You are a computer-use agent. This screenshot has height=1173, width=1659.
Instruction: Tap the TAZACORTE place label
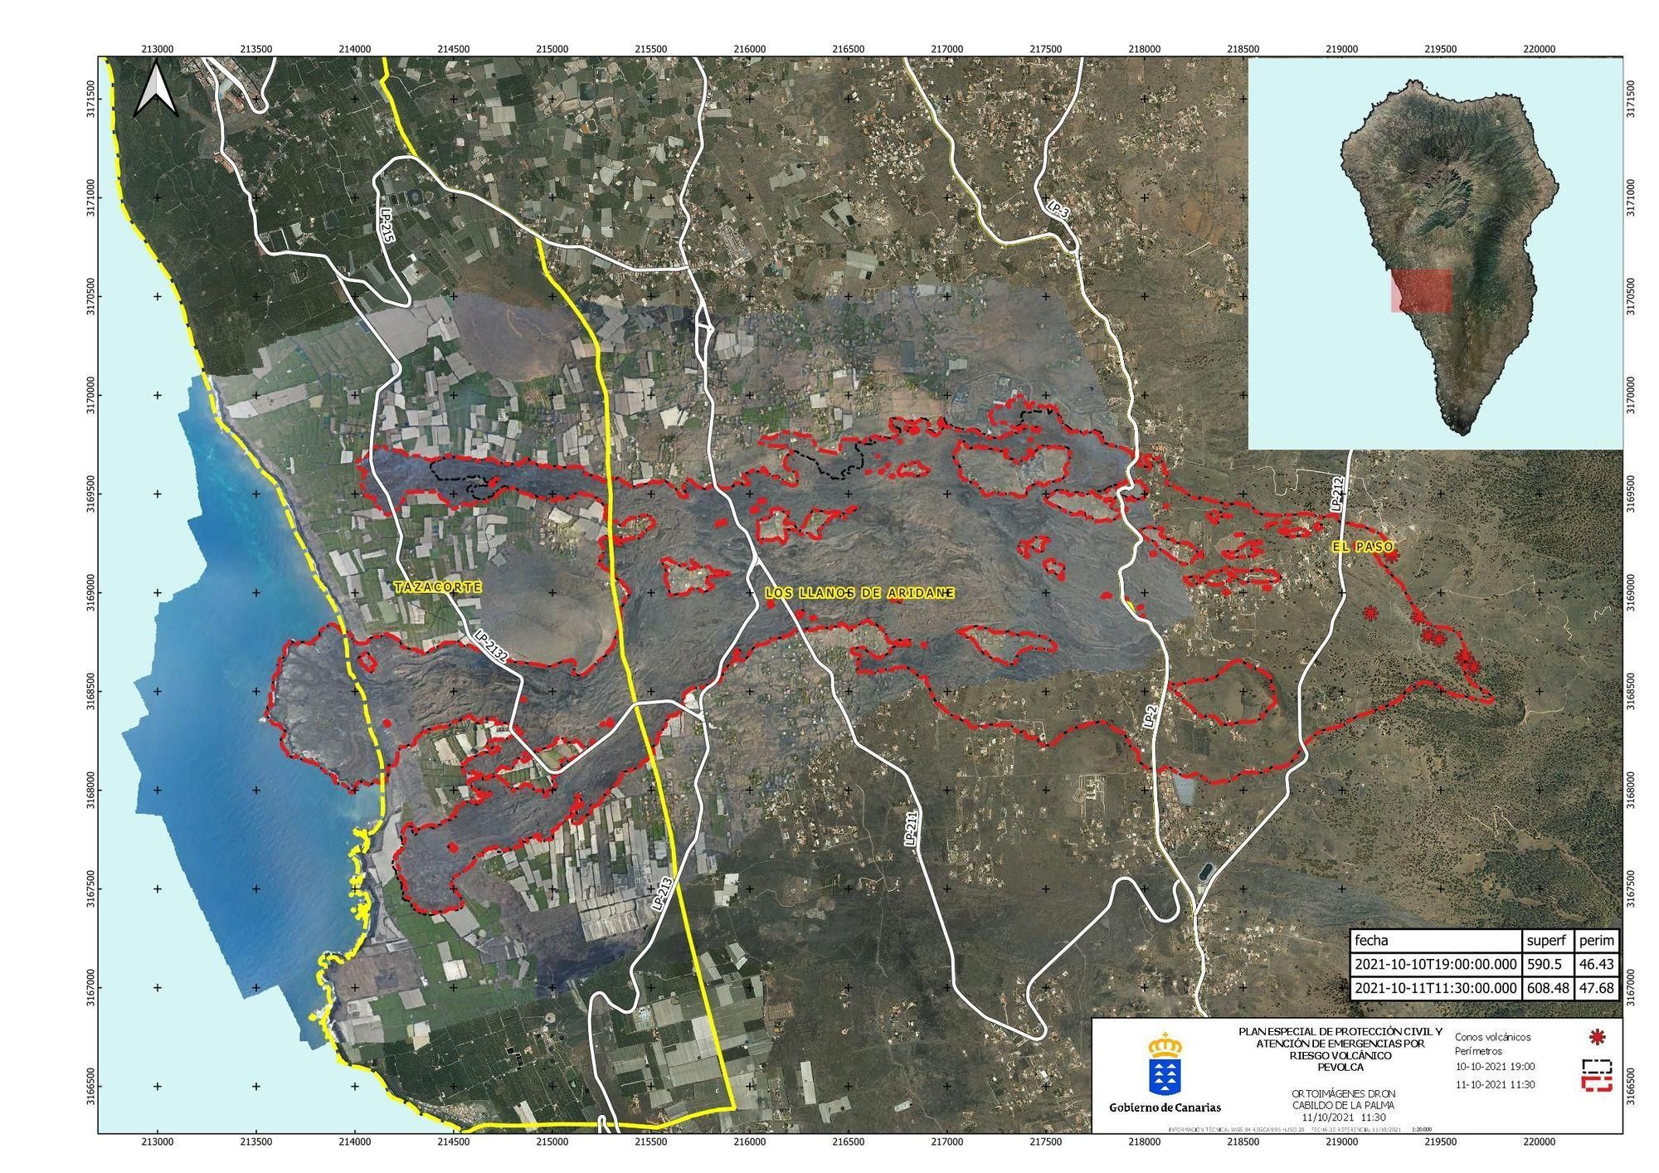[438, 586]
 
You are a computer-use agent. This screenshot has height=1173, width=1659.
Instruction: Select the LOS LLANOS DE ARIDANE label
[859, 594]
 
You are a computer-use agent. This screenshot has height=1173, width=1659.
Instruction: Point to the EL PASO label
[1364, 547]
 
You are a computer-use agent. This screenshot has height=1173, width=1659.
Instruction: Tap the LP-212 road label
[1335, 493]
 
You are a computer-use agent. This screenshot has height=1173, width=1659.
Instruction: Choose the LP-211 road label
[911, 828]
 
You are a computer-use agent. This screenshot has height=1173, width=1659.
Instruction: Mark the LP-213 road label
[661, 895]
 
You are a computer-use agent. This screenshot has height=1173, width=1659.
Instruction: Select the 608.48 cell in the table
[1547, 988]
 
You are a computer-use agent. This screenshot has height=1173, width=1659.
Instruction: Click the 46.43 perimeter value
[1595, 965]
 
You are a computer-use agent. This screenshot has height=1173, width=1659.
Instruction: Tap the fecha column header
[1371, 941]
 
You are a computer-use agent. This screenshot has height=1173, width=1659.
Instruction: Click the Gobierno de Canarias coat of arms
[1165, 1063]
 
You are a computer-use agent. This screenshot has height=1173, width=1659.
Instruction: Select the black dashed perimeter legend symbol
[1596, 1066]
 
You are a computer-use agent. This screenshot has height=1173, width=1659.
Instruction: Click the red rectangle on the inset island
[1422, 290]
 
